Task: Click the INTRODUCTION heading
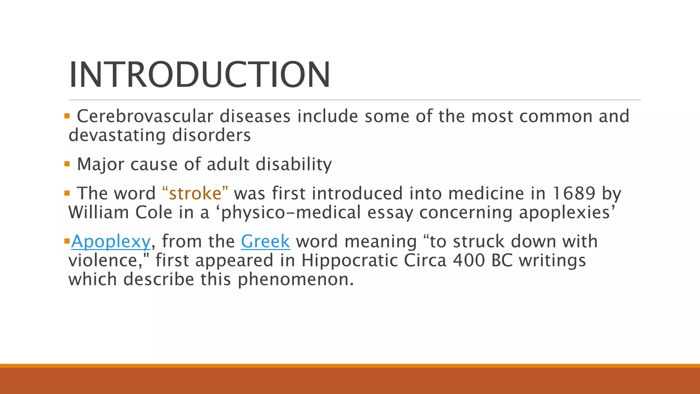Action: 200,75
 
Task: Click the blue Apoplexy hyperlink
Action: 111,241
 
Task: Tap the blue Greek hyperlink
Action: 265,241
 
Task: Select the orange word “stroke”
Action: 195,193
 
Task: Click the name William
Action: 98,212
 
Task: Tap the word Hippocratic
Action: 349,260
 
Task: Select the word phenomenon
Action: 295,279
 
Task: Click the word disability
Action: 294,165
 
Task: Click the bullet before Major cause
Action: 67,164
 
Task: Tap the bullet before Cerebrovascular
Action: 67,116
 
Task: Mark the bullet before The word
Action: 67,193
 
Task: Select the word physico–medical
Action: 291,212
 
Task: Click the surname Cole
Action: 154,212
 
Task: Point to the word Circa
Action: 425,260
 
